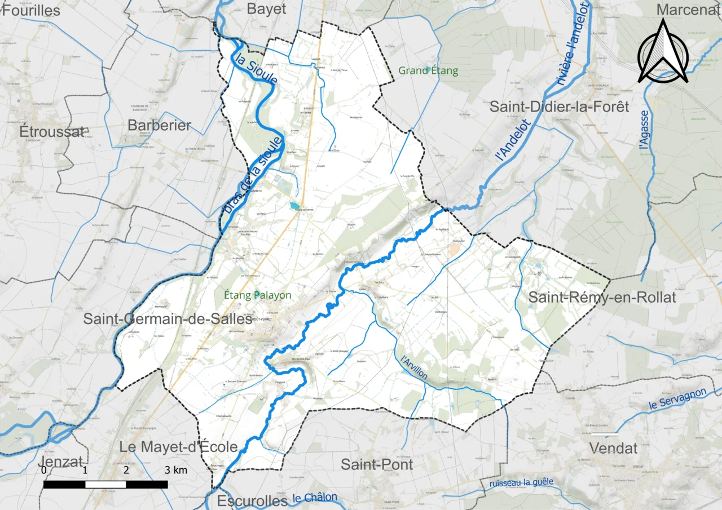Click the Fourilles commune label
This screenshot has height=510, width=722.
(32, 10)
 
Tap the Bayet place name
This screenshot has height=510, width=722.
(267, 9)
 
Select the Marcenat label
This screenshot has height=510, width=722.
(688, 10)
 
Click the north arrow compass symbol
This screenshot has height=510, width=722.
(663, 52)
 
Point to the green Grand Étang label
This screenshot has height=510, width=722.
(428, 71)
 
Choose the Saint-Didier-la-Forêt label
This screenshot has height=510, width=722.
(559, 107)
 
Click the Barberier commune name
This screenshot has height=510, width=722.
(160, 125)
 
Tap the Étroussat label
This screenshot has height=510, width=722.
(52, 132)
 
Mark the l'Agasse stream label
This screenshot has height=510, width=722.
(644, 130)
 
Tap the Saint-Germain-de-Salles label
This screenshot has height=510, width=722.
(168, 319)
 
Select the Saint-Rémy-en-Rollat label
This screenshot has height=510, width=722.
(602, 298)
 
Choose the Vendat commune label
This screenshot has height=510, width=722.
(613, 449)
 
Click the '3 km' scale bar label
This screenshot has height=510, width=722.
(176, 471)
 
